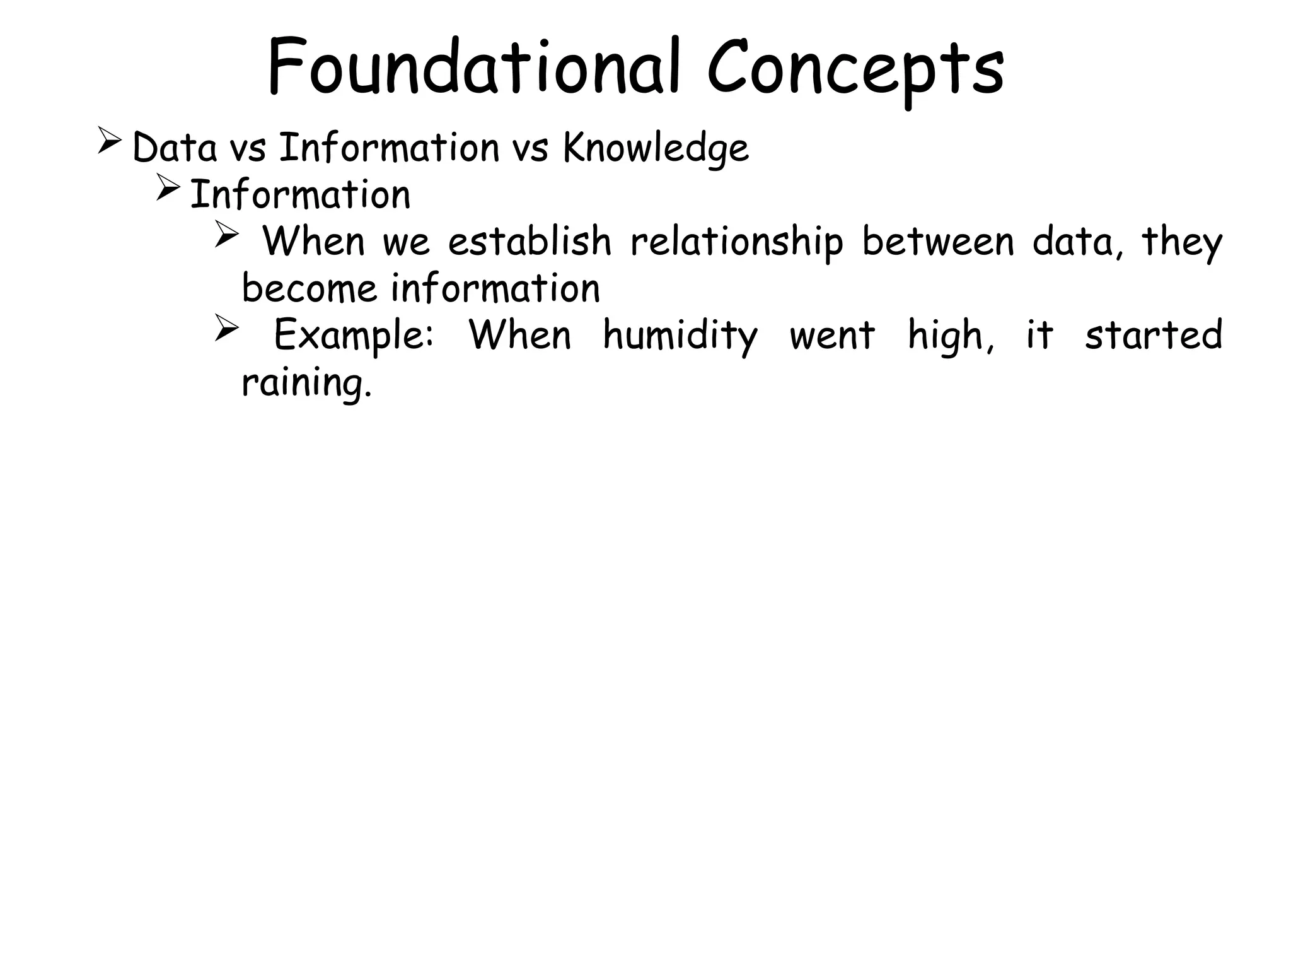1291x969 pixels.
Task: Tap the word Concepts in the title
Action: (x=855, y=69)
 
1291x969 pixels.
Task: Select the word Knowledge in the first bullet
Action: (x=656, y=148)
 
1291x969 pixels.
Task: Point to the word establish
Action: (x=530, y=242)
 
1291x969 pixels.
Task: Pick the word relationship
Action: (x=736, y=243)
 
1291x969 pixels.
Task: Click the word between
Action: (x=938, y=242)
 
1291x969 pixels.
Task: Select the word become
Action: (x=309, y=288)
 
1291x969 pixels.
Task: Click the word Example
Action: (x=354, y=336)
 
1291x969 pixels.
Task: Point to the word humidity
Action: (x=680, y=336)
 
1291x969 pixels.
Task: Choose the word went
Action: (x=832, y=336)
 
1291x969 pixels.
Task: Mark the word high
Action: (x=949, y=336)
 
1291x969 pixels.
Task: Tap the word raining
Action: (x=306, y=383)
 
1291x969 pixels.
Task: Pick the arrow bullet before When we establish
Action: (x=226, y=235)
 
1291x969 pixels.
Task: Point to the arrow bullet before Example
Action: (x=226, y=328)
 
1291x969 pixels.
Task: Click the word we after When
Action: (x=407, y=243)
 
